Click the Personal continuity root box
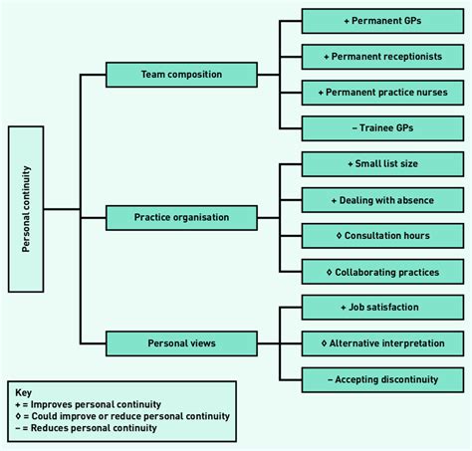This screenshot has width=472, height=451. pos(26,209)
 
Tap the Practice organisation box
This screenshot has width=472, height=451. pos(180,216)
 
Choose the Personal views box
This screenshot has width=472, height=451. pos(180,343)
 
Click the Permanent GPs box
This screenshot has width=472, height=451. pos(382,21)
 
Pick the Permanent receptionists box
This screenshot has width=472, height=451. pos(382,57)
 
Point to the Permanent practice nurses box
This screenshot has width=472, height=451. pos(382,93)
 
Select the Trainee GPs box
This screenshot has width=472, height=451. pos(382,127)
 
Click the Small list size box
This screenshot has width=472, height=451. pos(382,163)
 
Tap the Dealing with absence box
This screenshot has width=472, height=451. pos(382,199)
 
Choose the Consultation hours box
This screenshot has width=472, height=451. pos(382,235)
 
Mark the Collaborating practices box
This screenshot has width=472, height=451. pos(382,271)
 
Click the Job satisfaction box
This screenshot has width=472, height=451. pos(382,307)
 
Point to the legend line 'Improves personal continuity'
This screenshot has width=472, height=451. pos(91,405)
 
